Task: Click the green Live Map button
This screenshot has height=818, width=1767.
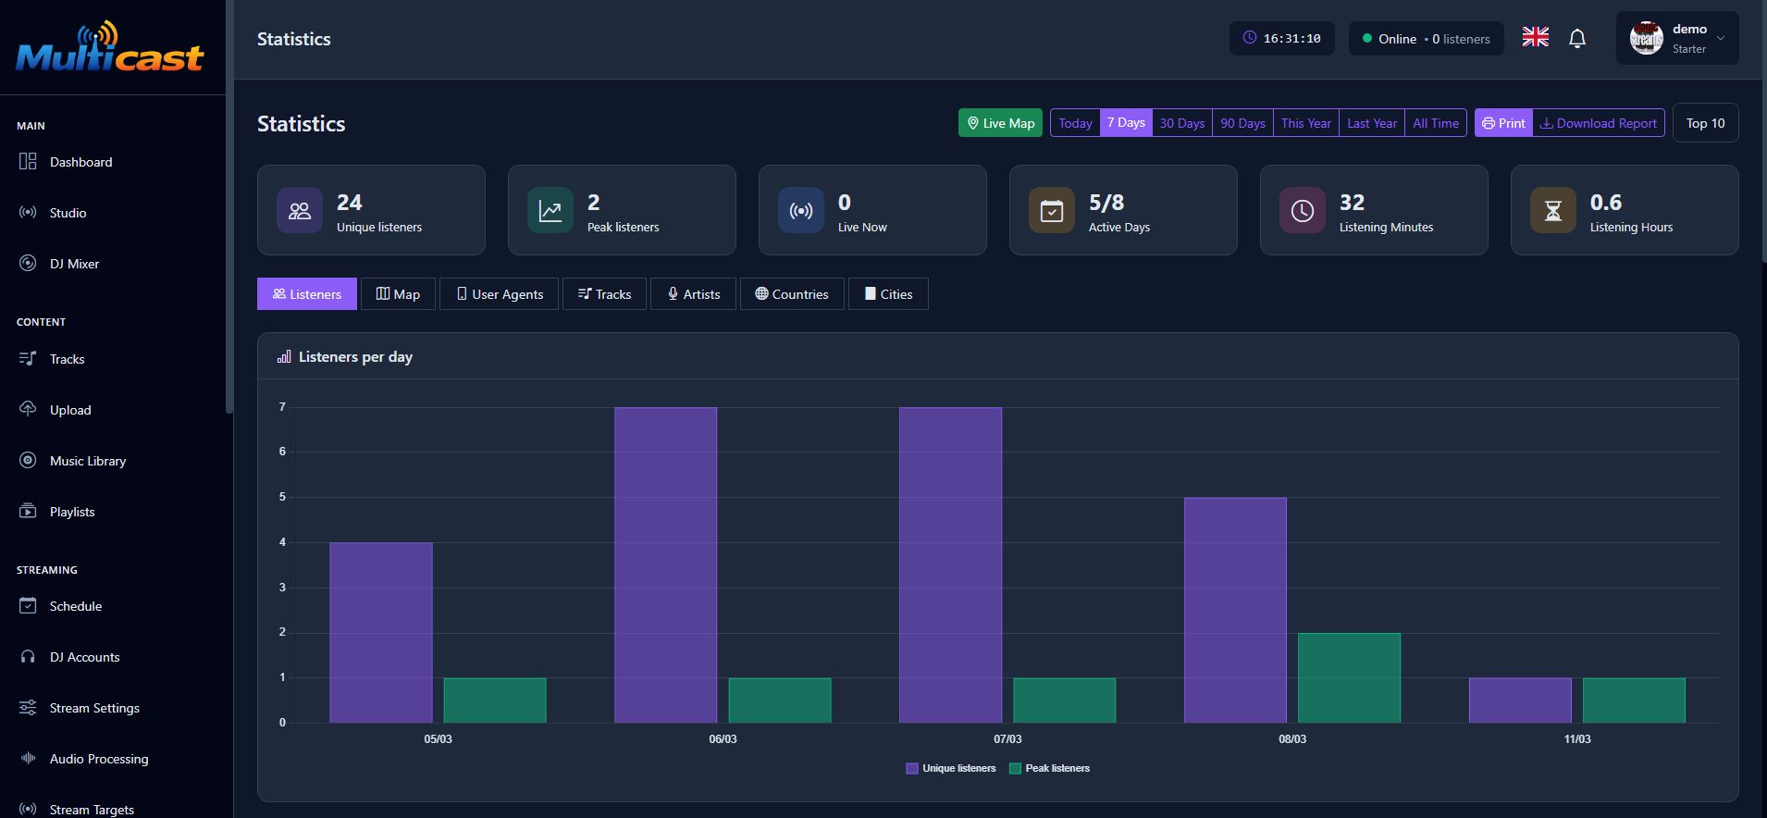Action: [1000, 123]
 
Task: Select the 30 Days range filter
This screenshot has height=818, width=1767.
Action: [1181, 123]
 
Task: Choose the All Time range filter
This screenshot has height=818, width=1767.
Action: [1435, 123]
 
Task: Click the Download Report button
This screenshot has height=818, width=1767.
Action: [1599, 123]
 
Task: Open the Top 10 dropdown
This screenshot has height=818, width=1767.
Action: [1705, 123]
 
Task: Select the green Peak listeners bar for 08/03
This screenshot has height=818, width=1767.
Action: [1349, 677]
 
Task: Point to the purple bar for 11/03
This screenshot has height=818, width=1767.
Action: [1519, 700]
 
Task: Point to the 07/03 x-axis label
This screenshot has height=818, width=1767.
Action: [1007, 739]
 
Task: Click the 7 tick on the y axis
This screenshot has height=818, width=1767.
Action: [282, 407]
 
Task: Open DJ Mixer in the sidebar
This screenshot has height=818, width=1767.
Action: [74, 264]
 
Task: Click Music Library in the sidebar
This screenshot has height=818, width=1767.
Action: [87, 461]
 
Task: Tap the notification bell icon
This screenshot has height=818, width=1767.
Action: [1577, 39]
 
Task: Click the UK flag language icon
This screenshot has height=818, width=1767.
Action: [1535, 38]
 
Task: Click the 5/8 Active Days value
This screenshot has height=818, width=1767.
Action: [1106, 203]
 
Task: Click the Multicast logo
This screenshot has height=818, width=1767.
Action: [110, 48]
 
